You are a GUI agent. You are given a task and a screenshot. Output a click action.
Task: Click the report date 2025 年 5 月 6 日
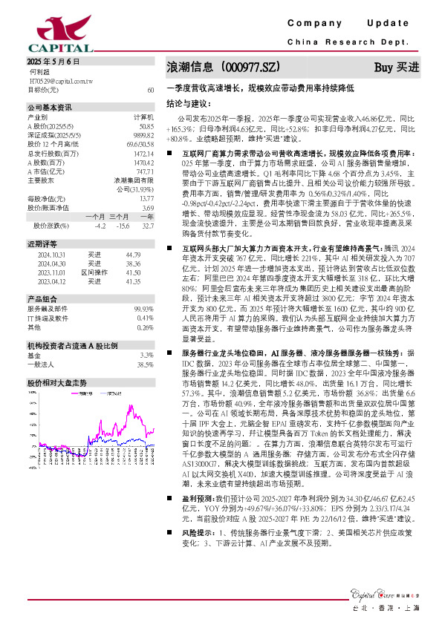coord(53,60)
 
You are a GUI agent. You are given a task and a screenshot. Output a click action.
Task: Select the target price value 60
coord(151,89)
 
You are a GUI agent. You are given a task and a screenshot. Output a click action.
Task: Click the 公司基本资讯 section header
coord(50,108)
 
